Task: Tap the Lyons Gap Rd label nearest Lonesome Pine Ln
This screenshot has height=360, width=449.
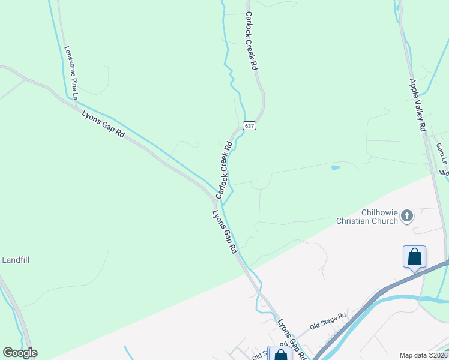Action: (x=103, y=124)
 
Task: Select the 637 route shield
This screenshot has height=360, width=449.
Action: (x=250, y=125)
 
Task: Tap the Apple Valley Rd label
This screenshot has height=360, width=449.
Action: (x=417, y=105)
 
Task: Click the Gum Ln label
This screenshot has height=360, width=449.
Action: (x=442, y=153)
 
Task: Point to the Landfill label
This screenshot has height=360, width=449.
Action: (x=16, y=260)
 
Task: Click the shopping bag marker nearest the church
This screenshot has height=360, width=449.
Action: (x=414, y=257)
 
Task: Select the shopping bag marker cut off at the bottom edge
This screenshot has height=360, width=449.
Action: (x=280, y=354)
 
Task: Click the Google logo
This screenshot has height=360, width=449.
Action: (x=20, y=353)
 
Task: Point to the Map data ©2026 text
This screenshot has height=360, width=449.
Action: (x=423, y=355)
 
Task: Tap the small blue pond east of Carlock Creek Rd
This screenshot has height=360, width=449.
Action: (x=336, y=167)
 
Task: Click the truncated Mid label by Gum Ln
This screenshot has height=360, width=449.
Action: (x=444, y=173)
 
